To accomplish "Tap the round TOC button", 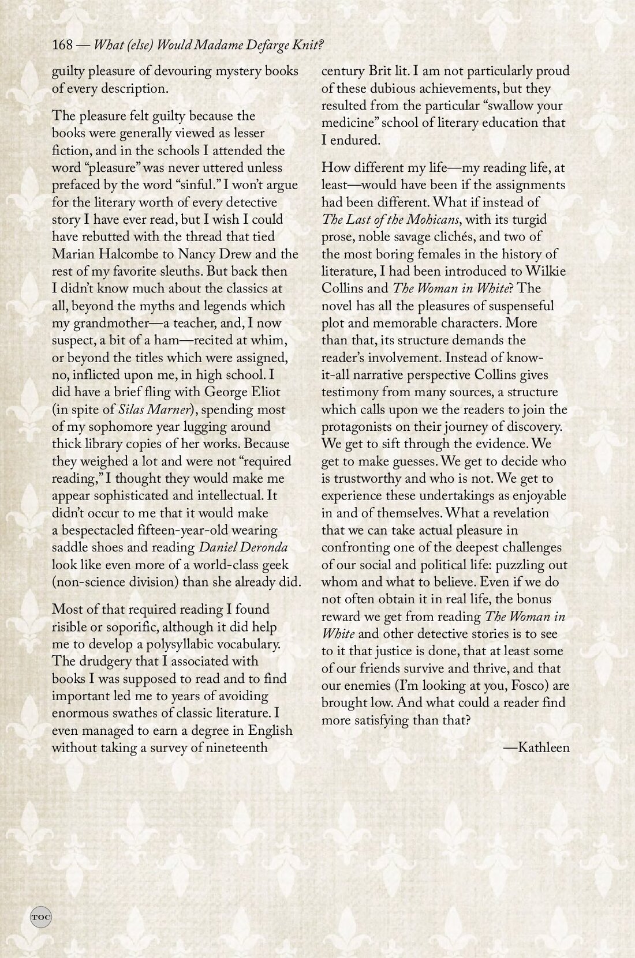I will [40, 916].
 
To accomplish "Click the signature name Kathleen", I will [544, 748].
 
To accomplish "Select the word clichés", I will [453, 237].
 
